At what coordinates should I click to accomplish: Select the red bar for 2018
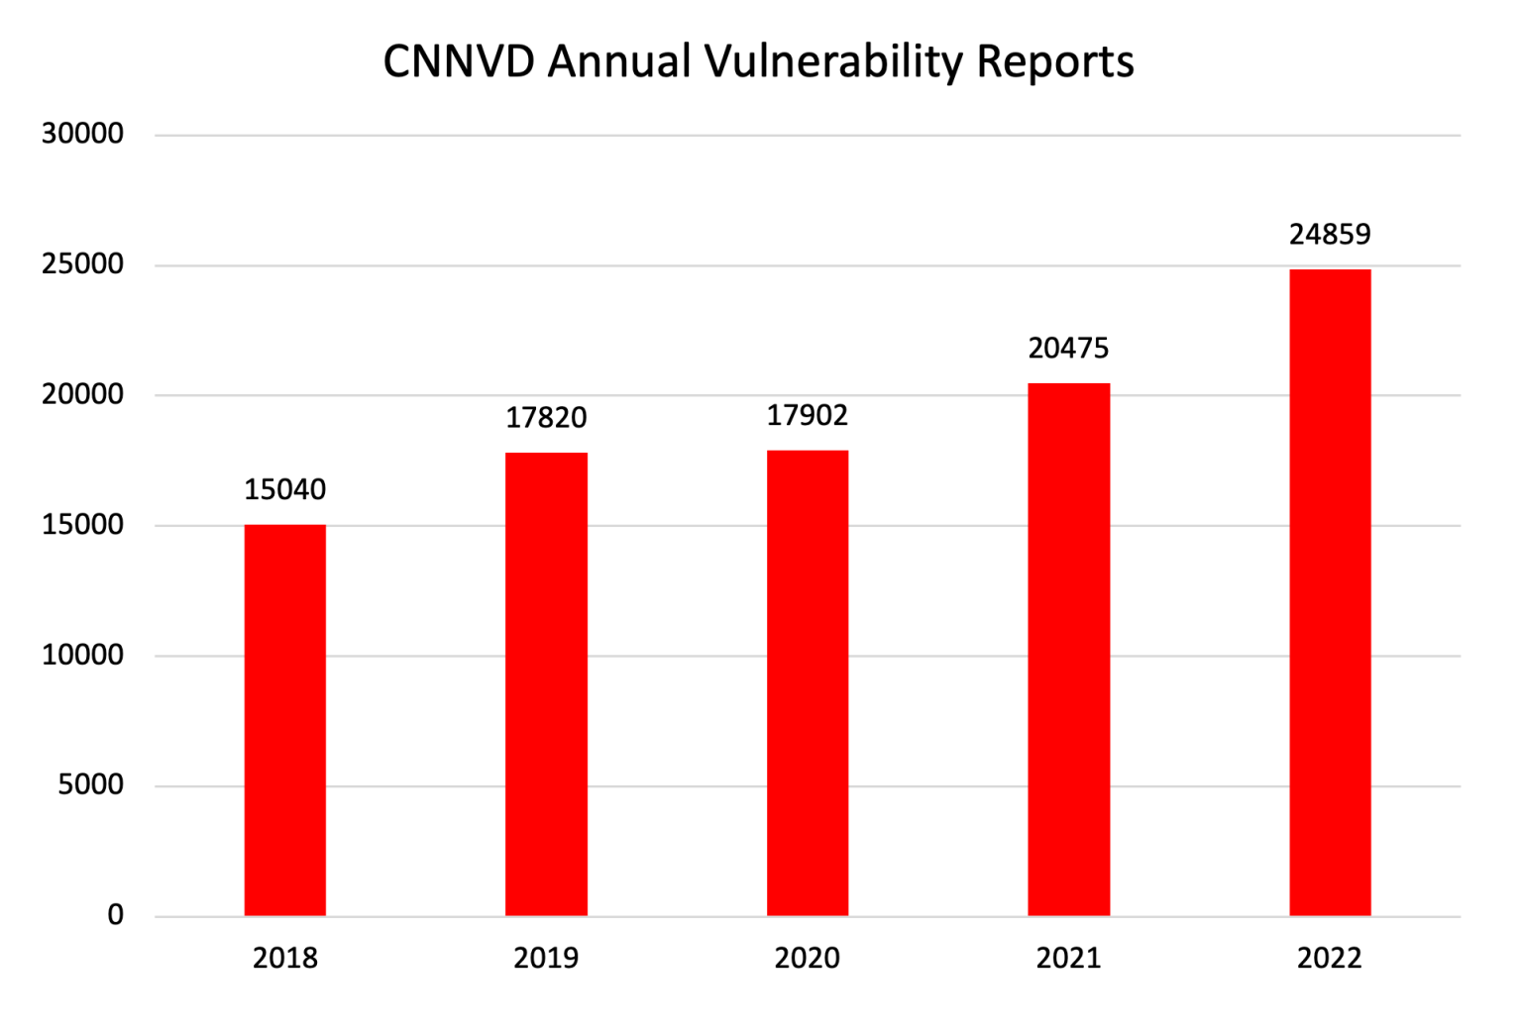coord(285,720)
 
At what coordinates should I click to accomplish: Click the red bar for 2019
coord(546,684)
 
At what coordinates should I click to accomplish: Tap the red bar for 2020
coord(808,683)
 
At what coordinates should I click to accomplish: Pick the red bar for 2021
coord(1068,650)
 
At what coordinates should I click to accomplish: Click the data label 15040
coord(285,489)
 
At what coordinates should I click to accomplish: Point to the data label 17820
coord(546,418)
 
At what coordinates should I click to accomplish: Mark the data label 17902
coord(808,415)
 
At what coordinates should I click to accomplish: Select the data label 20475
coord(1068,349)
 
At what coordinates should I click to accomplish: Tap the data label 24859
coord(1330,235)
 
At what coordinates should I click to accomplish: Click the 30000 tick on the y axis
coord(82,134)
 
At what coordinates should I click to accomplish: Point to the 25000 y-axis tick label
coord(82,264)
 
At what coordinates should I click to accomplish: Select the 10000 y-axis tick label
coord(82,655)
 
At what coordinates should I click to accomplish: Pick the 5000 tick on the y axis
coord(90,784)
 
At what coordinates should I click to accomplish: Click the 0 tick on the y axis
coord(116,915)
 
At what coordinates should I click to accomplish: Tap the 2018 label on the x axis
coord(285,958)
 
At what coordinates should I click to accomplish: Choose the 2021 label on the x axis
coord(1068,958)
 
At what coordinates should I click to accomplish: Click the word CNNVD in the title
coord(459,61)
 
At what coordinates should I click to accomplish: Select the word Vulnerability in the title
coord(834,61)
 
